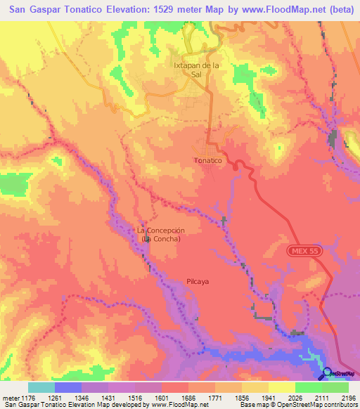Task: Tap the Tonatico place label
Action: pyautogui.click(x=207, y=161)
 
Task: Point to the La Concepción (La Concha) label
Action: pyautogui.click(x=161, y=235)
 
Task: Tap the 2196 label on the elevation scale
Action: pyautogui.click(x=349, y=397)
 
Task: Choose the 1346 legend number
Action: pyautogui.click(x=82, y=397)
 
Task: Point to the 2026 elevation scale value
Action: pyautogui.click(x=295, y=397)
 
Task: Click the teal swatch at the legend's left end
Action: pyautogui.click(x=41, y=387)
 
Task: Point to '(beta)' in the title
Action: pyautogui.click(x=337, y=9)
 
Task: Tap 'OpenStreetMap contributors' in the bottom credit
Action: pyautogui.click(x=314, y=405)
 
